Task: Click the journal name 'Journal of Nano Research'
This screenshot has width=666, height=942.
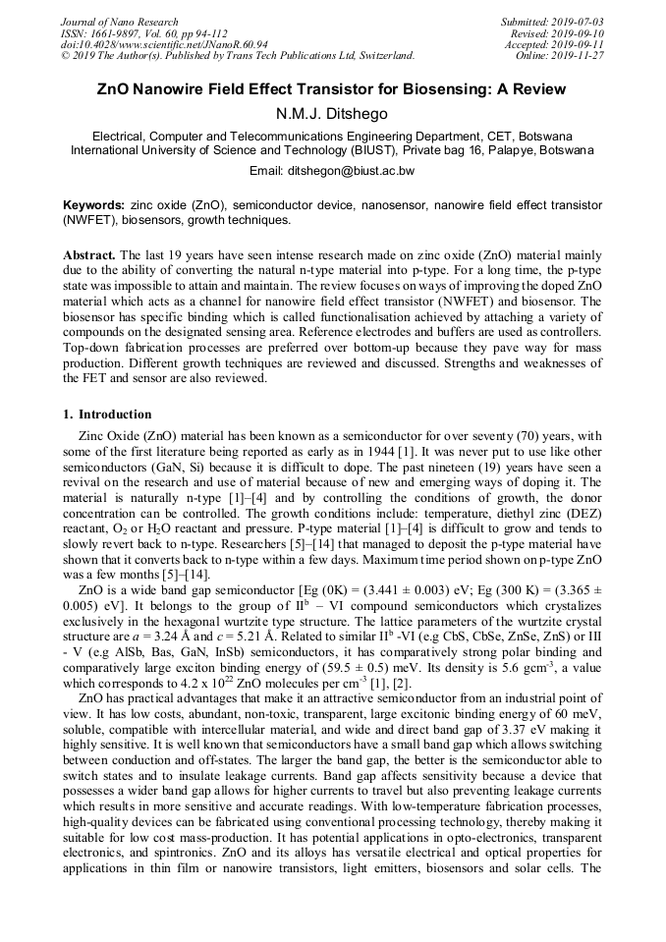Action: pos(119,22)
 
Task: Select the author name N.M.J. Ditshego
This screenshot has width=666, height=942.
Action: pos(332,113)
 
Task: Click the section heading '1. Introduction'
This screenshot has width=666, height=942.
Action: pos(107,415)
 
